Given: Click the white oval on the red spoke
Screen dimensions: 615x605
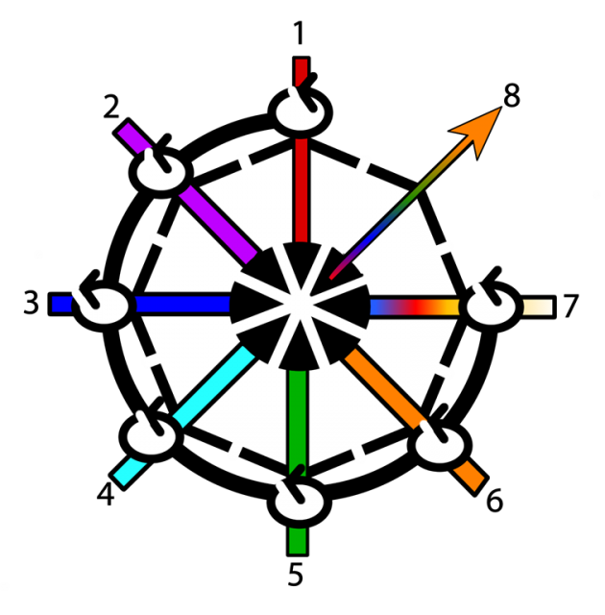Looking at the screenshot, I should tap(300, 111).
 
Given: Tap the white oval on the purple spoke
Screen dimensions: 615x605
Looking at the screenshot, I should tap(161, 173).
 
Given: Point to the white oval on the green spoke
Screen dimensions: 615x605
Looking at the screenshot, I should tap(299, 499).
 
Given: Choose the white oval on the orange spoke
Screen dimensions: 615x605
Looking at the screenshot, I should tap(440, 444).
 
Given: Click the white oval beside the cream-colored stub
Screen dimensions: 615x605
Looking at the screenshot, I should tap(492, 307).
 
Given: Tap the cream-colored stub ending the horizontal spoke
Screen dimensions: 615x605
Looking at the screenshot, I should tap(537, 307).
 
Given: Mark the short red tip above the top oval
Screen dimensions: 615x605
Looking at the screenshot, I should tap(301, 70).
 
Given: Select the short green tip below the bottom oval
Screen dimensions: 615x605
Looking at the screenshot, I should tap(298, 540).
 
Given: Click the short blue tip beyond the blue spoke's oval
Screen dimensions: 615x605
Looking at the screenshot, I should tap(61, 305).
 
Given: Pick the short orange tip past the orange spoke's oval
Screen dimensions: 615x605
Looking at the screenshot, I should tap(469, 476).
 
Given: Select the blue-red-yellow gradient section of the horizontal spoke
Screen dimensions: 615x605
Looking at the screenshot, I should tap(414, 307).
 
